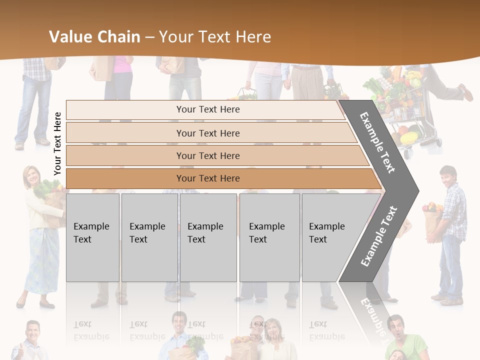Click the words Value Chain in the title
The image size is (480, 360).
[x=94, y=37]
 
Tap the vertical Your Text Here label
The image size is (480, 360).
[x=58, y=143]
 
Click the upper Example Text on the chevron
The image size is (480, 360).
[x=378, y=142]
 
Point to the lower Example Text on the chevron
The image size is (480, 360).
[x=379, y=236]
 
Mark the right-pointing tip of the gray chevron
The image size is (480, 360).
[x=417, y=190]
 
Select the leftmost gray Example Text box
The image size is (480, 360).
[x=92, y=237]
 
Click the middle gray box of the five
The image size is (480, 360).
[x=208, y=237]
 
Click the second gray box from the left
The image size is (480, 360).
[x=149, y=237]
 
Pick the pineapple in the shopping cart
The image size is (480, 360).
[x=384, y=75]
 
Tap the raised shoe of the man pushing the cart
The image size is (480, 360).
[x=465, y=92]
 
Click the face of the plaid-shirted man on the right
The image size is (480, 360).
[x=447, y=177]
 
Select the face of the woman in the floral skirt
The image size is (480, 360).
[x=31, y=175]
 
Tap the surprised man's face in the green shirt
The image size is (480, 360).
[x=395, y=328]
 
